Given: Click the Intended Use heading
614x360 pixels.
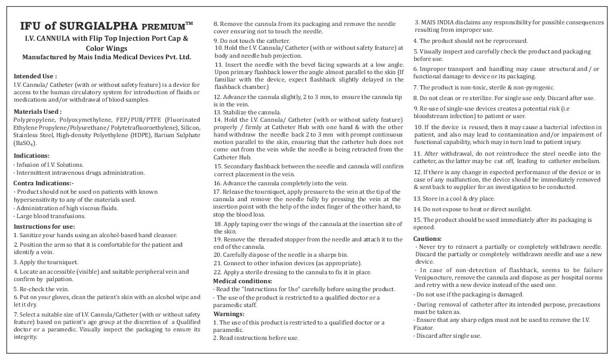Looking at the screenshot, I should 35,76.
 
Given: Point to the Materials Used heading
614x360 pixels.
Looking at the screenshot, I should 38,112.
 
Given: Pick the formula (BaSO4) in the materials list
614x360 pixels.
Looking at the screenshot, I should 25,143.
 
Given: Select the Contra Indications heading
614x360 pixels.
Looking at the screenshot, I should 44,183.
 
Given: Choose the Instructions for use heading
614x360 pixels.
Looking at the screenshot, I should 44,227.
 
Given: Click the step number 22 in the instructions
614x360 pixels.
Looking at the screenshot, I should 217,272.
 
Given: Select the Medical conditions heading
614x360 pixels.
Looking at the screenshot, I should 242,281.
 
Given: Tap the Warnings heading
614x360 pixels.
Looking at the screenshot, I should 228,314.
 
